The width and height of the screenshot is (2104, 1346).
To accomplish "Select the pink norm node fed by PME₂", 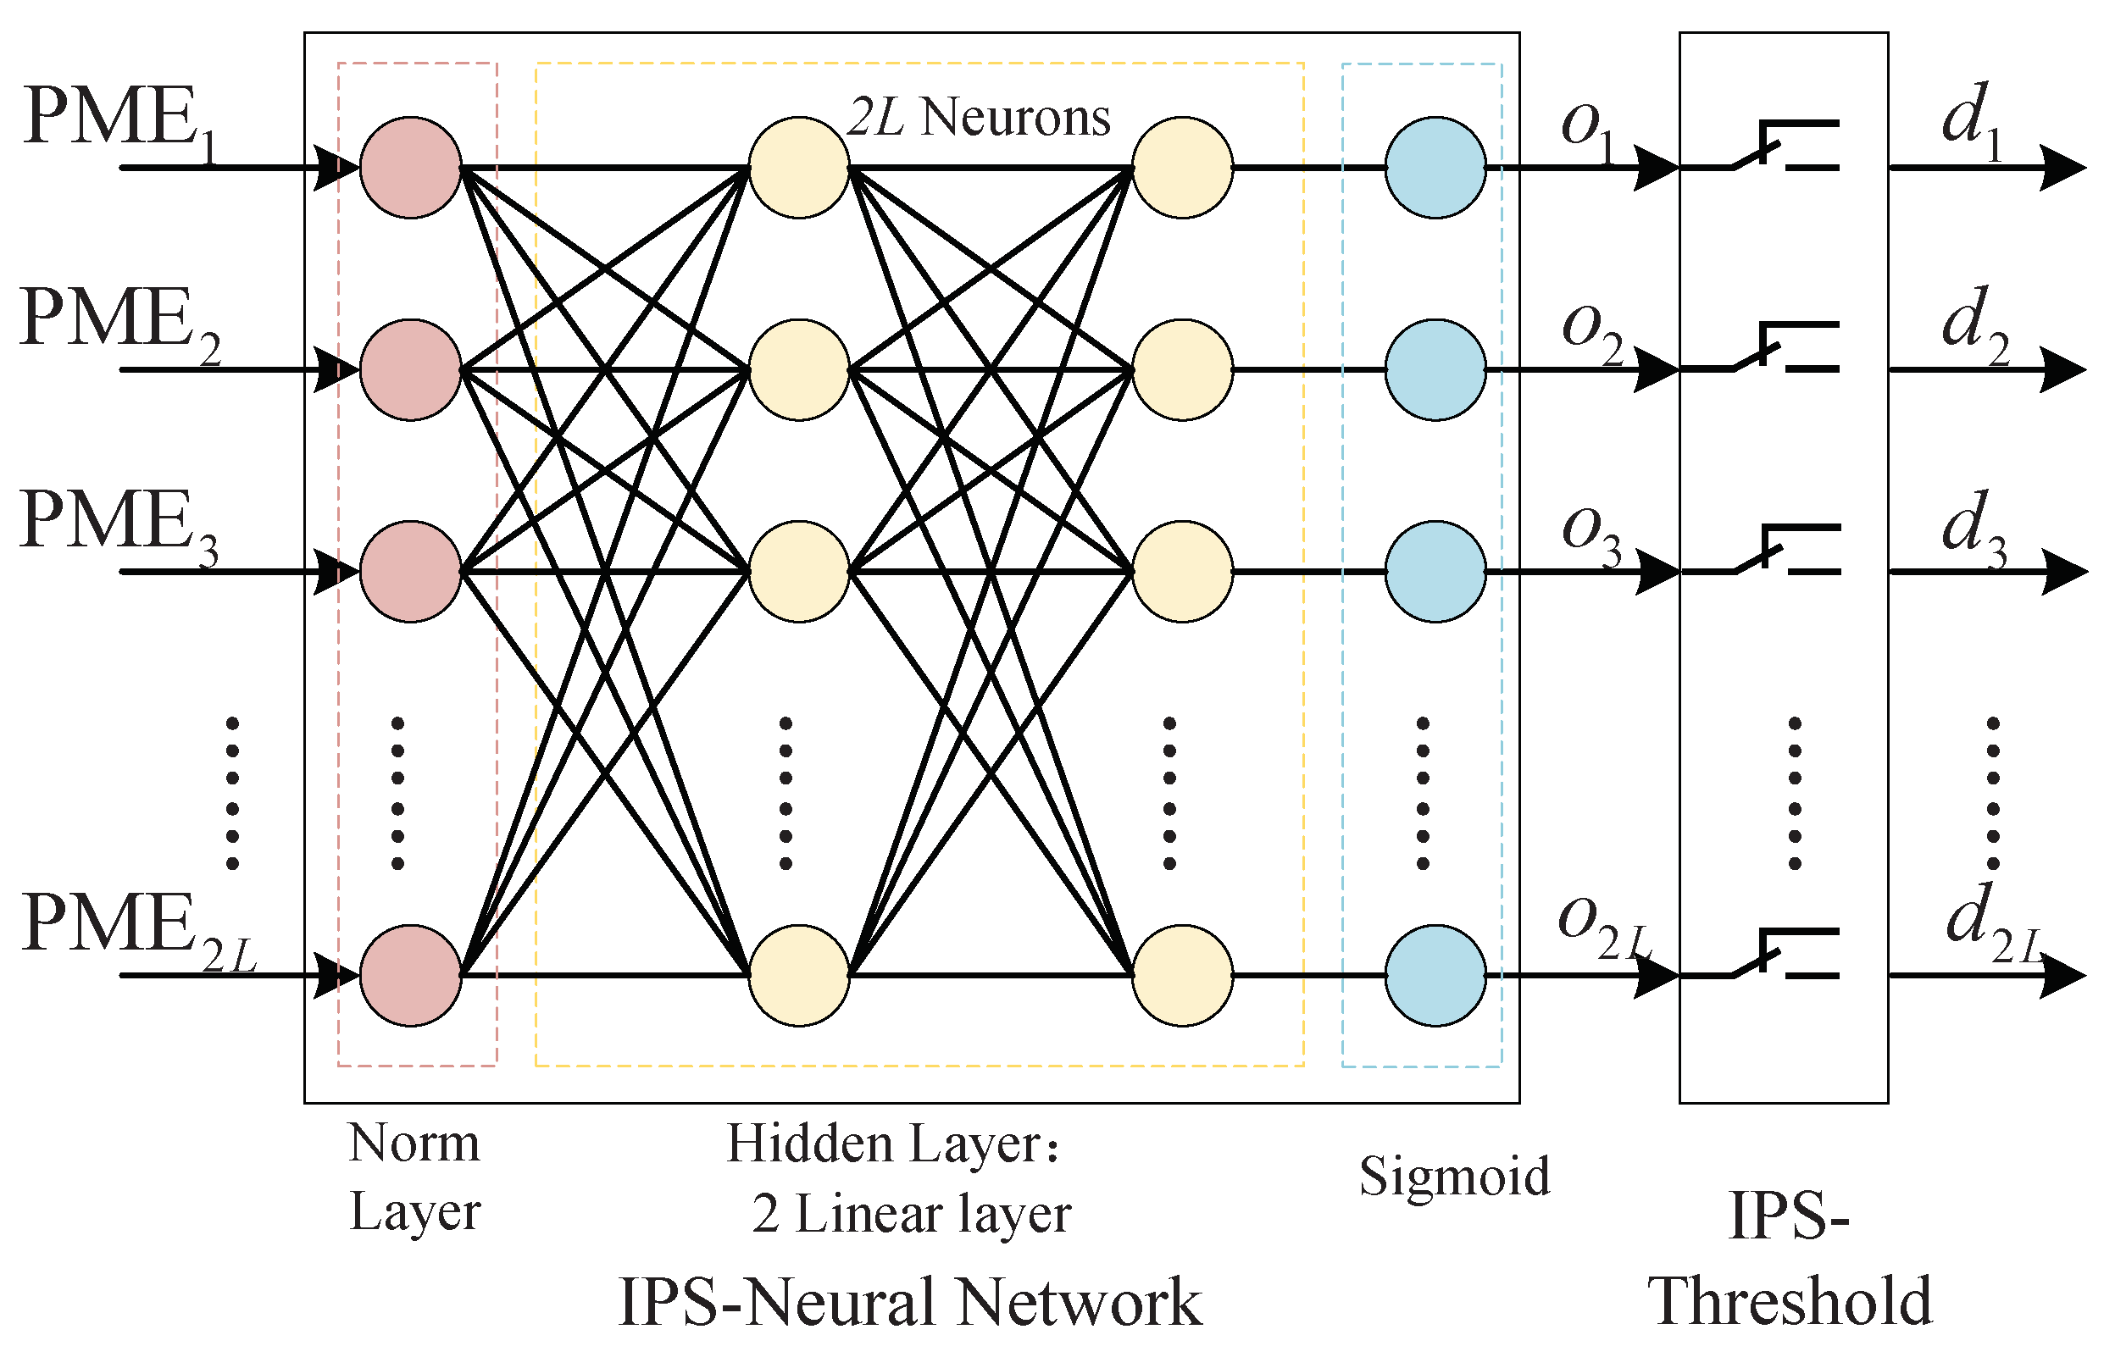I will point(411,369).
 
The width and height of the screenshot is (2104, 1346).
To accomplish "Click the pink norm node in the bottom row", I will point(411,976).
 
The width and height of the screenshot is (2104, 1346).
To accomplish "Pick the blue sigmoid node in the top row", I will point(1435,167).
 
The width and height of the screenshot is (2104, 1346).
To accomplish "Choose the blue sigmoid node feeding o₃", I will point(1435,572).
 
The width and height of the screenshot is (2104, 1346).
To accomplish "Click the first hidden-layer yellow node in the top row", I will point(799,167).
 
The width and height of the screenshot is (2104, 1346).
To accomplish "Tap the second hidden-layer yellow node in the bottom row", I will point(1182,976).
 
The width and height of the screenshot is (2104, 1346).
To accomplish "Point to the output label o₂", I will point(1591,332).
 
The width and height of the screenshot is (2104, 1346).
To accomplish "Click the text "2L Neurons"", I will point(979,118).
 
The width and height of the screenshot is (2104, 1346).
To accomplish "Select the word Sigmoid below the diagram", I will point(1454,1177).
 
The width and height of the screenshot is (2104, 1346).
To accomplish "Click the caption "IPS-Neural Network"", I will point(909,1302).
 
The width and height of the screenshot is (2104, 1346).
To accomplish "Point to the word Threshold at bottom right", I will point(1789,1302).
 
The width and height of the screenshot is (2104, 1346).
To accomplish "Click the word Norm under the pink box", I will point(414,1144).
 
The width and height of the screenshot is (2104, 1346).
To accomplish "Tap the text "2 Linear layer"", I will point(911,1215).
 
